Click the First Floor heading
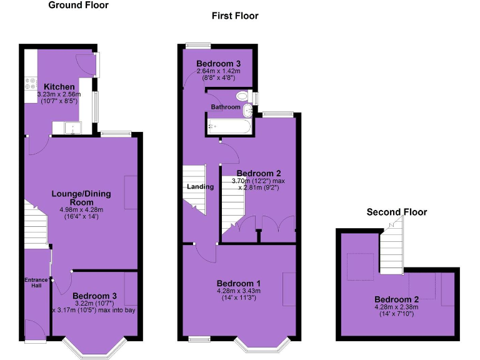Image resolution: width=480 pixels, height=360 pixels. pyautogui.click(x=234, y=16)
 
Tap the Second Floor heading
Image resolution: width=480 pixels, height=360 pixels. pyautogui.click(x=396, y=212)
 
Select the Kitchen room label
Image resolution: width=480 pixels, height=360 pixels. pyautogui.click(x=59, y=87)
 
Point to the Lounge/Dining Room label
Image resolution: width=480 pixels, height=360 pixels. pyautogui.click(x=81, y=197)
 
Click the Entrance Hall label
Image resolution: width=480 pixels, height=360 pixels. pyautogui.click(x=35, y=283)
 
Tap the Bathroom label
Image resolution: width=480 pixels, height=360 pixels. pyautogui.click(x=225, y=107)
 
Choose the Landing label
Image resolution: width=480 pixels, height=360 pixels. pyautogui.click(x=200, y=187)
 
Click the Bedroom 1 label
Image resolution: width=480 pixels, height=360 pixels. pyautogui.click(x=238, y=283)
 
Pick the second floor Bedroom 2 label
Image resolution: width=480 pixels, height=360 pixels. pyautogui.click(x=396, y=299)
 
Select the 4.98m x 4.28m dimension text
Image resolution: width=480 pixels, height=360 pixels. pyautogui.click(x=81, y=210)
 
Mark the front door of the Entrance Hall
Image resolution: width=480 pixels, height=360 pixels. pyautogui.click(x=35, y=330)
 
